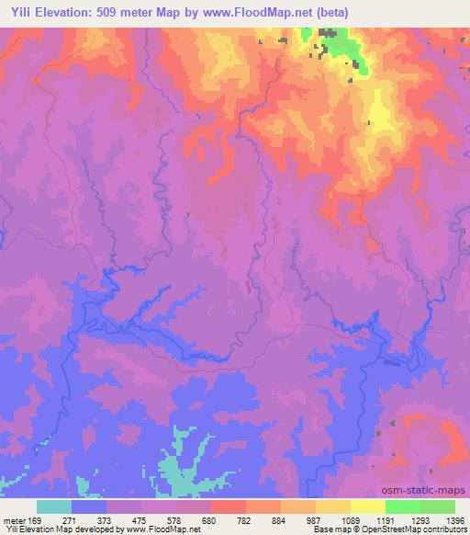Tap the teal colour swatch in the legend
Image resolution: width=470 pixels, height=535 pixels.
54,507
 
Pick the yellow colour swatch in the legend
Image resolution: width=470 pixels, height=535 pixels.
367,507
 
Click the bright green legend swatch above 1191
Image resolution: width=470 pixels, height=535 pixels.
402,507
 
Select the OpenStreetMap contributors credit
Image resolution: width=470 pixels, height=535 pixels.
417,529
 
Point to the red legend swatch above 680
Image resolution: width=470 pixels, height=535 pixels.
228,507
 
